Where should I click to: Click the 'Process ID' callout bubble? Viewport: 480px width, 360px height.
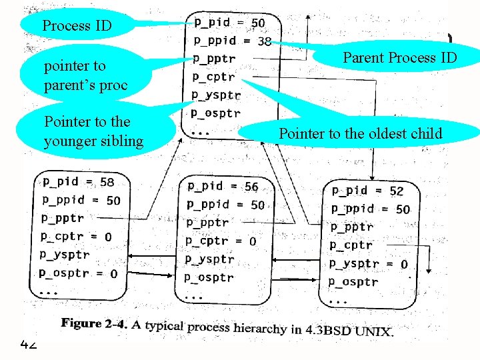coord(77,27)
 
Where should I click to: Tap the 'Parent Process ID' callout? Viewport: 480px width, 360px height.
coord(399,57)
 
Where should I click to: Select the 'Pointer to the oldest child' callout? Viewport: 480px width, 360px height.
coord(360,133)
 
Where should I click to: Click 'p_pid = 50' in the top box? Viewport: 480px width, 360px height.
coord(229,23)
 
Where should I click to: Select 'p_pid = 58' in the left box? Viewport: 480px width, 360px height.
coord(79,181)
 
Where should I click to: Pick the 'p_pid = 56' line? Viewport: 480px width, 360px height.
coord(223,187)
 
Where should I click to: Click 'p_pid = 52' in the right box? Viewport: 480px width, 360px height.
coord(367,191)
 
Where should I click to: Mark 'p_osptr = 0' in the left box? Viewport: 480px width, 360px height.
coord(78,273)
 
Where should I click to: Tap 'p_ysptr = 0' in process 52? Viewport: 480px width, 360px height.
coord(369,264)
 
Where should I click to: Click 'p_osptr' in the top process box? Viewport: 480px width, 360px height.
coord(215,113)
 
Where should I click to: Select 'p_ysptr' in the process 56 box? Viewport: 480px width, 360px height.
coord(209,259)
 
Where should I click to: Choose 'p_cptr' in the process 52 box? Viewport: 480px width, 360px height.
coord(351,245)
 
